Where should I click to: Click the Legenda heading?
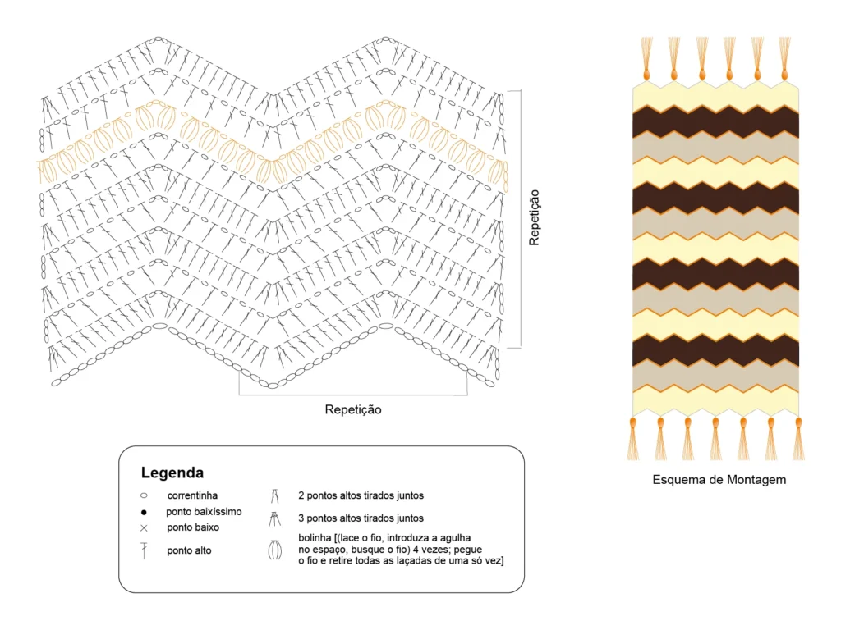(172, 472)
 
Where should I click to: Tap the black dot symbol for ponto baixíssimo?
(144, 512)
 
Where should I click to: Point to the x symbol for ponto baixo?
(144, 527)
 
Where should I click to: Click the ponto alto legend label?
(189, 550)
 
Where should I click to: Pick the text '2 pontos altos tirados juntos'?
(361, 495)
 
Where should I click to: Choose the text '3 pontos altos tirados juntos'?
(361, 518)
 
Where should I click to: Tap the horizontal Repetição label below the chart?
(353, 409)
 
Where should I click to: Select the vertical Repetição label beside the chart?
(535, 217)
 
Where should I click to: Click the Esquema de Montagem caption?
(719, 480)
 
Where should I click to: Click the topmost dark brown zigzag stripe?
(715, 121)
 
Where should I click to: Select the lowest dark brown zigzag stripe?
(715, 350)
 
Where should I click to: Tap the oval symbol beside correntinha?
(144, 495)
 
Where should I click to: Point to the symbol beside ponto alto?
(144, 550)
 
